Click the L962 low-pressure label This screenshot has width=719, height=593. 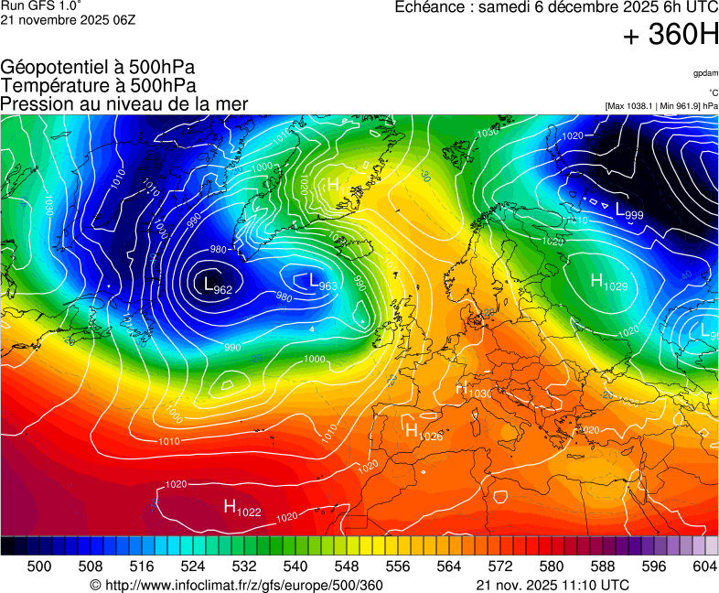click(217, 286)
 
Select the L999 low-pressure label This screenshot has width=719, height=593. click(629, 212)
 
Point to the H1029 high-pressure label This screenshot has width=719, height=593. click(609, 283)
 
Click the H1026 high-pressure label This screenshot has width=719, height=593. click(424, 432)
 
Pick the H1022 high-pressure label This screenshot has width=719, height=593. click(242, 507)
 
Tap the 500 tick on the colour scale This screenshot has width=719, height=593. click(39, 566)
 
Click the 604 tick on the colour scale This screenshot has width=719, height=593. click(705, 566)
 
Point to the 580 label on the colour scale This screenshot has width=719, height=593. click(552, 566)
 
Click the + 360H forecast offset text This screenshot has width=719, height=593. click(671, 36)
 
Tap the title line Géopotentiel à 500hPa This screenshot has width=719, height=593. click(98, 68)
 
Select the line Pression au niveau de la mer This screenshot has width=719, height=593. click(124, 103)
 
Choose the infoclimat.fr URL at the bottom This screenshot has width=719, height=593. click(236, 585)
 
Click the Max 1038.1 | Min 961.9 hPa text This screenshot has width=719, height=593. click(661, 106)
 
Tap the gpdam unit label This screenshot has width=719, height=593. click(705, 72)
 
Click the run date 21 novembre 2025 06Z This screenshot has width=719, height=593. click(68, 20)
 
